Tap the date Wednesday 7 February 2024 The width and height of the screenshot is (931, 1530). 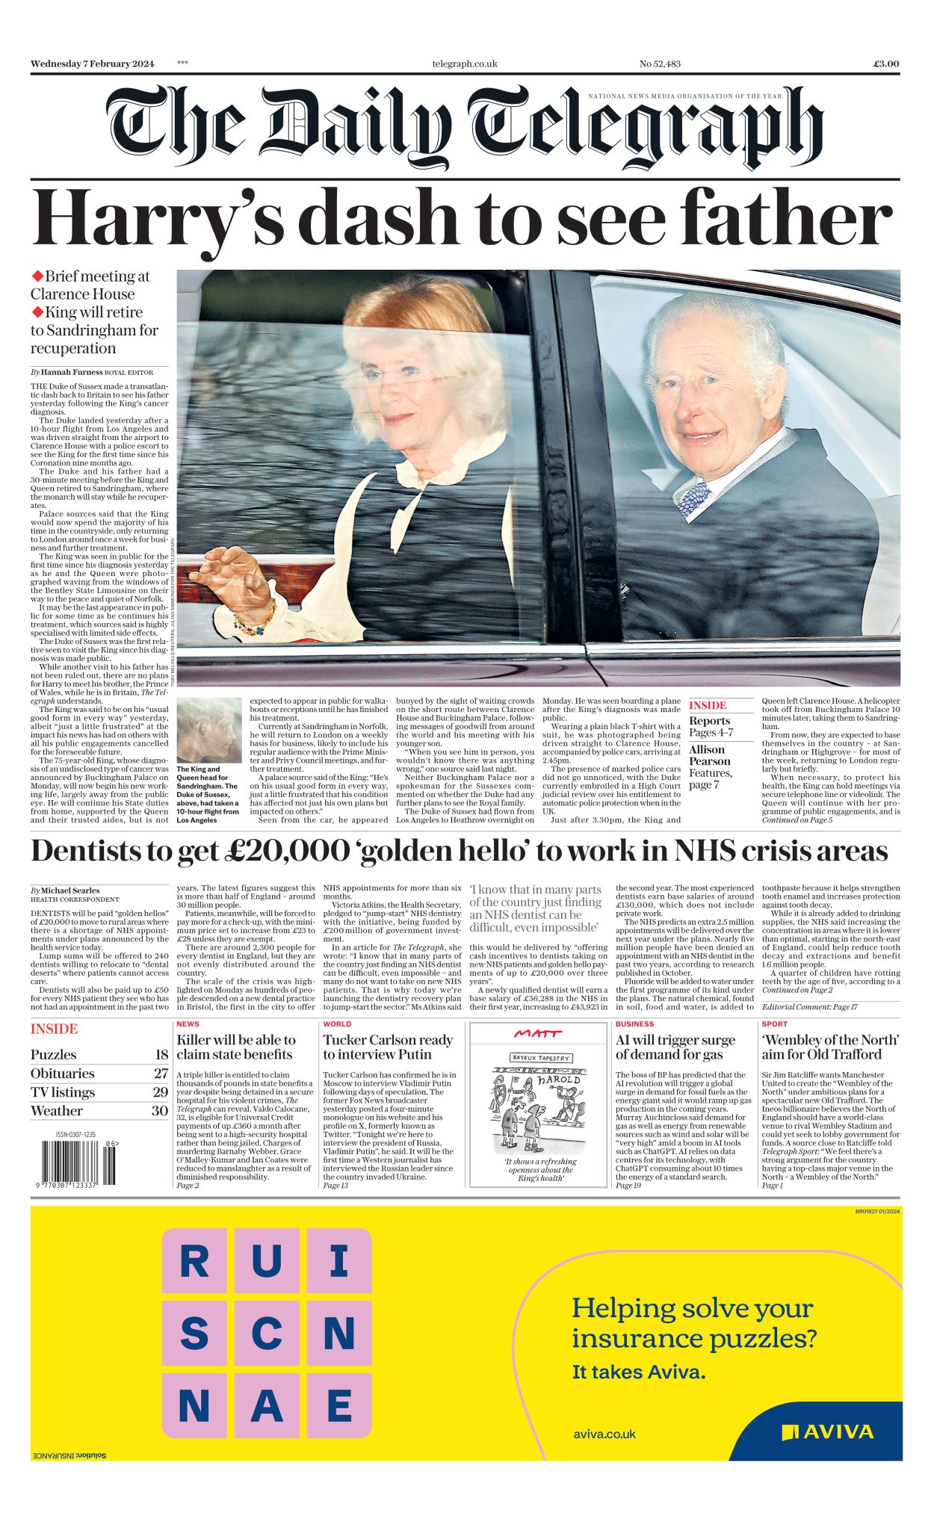point(92,64)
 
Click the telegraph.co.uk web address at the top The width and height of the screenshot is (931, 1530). point(464,64)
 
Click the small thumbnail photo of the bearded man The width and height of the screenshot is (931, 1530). point(208,730)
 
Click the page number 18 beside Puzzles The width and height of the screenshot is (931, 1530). point(161,1054)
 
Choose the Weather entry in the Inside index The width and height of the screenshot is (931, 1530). point(57,1111)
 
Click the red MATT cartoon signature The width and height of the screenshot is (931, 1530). point(538,1033)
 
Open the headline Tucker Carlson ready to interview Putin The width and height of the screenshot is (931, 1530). point(388,1047)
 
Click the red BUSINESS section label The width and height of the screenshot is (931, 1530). point(634,1024)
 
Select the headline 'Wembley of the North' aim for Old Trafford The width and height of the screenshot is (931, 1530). point(830,1047)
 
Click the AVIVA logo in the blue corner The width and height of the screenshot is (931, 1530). point(827,1432)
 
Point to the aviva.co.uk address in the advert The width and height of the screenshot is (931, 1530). point(604,1434)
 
